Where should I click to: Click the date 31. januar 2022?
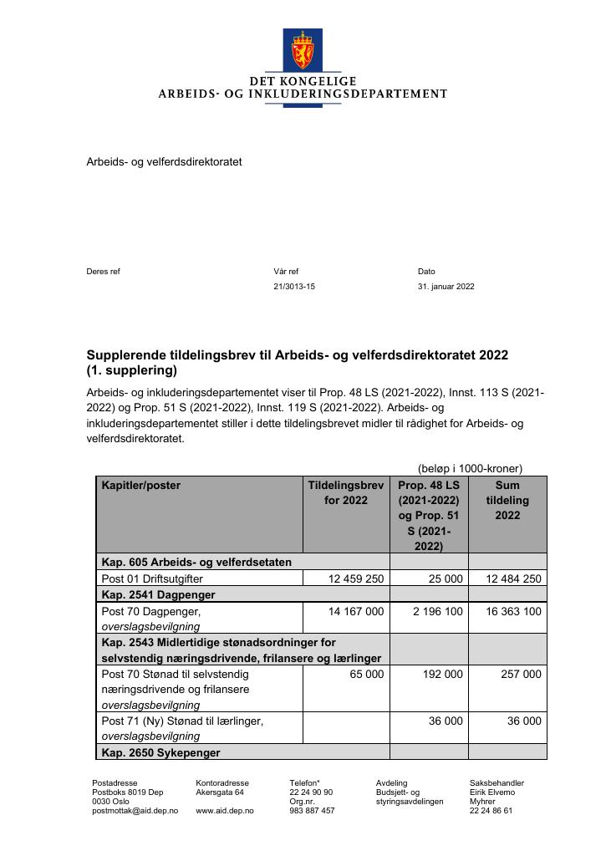pos(446,287)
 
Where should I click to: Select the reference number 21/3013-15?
pos(294,287)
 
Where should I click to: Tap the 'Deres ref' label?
pos(104,272)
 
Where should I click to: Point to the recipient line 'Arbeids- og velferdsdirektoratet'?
pos(164,161)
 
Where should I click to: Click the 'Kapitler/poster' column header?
pos(140,486)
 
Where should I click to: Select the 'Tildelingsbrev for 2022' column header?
pos(345,492)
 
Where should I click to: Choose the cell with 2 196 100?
pos(437,611)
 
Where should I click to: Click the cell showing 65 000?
pos(366,674)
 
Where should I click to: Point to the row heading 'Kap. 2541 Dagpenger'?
pos(158,595)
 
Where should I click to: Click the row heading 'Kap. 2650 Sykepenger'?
pos(160,753)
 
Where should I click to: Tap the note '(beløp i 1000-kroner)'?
pos(470,469)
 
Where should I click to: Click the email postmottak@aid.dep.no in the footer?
pos(135,811)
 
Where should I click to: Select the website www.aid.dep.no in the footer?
pos(225,811)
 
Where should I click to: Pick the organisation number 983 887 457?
pos(312,811)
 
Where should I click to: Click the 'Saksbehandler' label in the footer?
pos(497,783)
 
